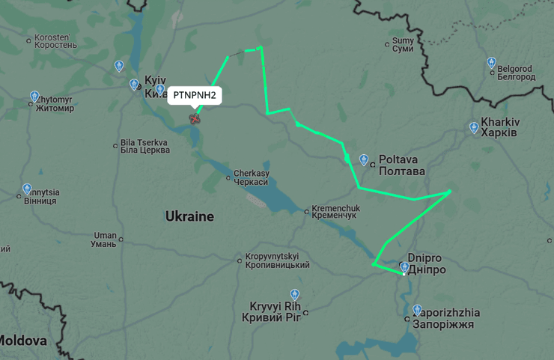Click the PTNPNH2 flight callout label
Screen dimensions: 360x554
click(x=195, y=95)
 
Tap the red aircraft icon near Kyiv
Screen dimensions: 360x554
click(x=195, y=118)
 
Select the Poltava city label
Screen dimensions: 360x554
click(x=401, y=165)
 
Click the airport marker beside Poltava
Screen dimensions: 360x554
click(x=365, y=159)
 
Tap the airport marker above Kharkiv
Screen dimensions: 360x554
click(x=474, y=128)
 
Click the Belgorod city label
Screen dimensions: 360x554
click(x=516, y=73)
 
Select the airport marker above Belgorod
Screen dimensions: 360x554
click(x=492, y=63)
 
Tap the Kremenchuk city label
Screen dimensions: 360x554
click(x=335, y=211)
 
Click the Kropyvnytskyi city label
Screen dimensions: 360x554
click(x=277, y=260)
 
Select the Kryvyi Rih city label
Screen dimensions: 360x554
click(x=271, y=311)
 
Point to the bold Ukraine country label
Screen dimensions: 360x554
click(x=189, y=216)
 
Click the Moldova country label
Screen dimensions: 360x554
click(x=22, y=341)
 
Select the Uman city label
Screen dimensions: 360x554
click(x=104, y=239)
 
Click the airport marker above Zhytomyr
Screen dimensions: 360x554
click(x=34, y=97)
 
